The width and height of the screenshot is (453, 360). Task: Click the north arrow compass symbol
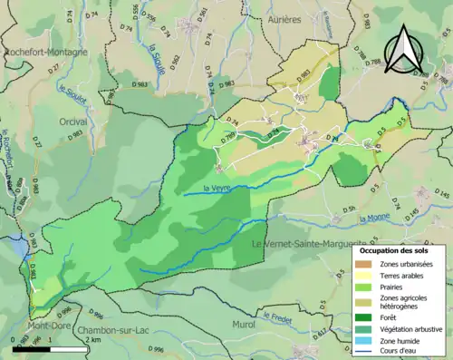tap(404, 50)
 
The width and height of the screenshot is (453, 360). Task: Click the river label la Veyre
tap(217, 189)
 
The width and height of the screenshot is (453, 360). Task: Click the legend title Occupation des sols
tap(398, 249)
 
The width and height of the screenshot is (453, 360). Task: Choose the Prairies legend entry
tap(396, 287)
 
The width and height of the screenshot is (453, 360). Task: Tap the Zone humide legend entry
tap(404, 340)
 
